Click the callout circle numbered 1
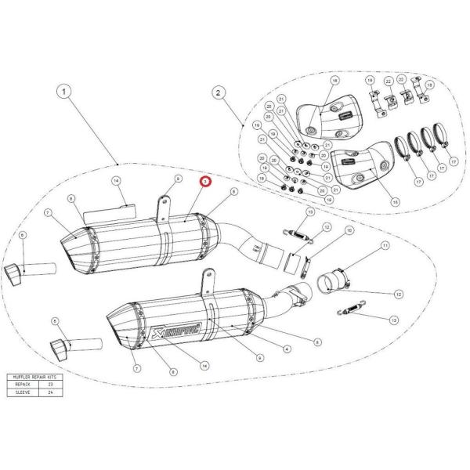64,91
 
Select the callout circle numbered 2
219,93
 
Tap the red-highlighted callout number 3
206,181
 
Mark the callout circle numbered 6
22,234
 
